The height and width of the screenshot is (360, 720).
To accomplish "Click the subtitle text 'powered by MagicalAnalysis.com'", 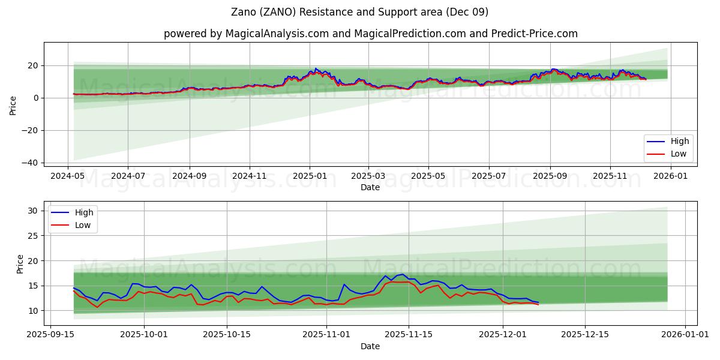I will pyautogui.click(x=246, y=34).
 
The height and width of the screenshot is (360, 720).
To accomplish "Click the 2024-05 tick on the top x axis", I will pyautogui.click(x=67, y=177).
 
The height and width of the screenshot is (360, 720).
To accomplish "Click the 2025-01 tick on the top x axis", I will pyautogui.click(x=310, y=177).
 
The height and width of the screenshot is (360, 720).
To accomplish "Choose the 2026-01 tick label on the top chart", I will pyautogui.click(x=670, y=177).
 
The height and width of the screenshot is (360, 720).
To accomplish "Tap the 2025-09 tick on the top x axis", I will pyautogui.click(x=550, y=177).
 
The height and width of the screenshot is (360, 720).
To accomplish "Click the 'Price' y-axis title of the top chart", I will pyautogui.click(x=13, y=106).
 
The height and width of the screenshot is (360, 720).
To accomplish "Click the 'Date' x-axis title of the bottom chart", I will pyautogui.click(x=370, y=347).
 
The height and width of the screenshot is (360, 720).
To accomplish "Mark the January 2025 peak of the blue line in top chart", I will pyautogui.click(x=316, y=68).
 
